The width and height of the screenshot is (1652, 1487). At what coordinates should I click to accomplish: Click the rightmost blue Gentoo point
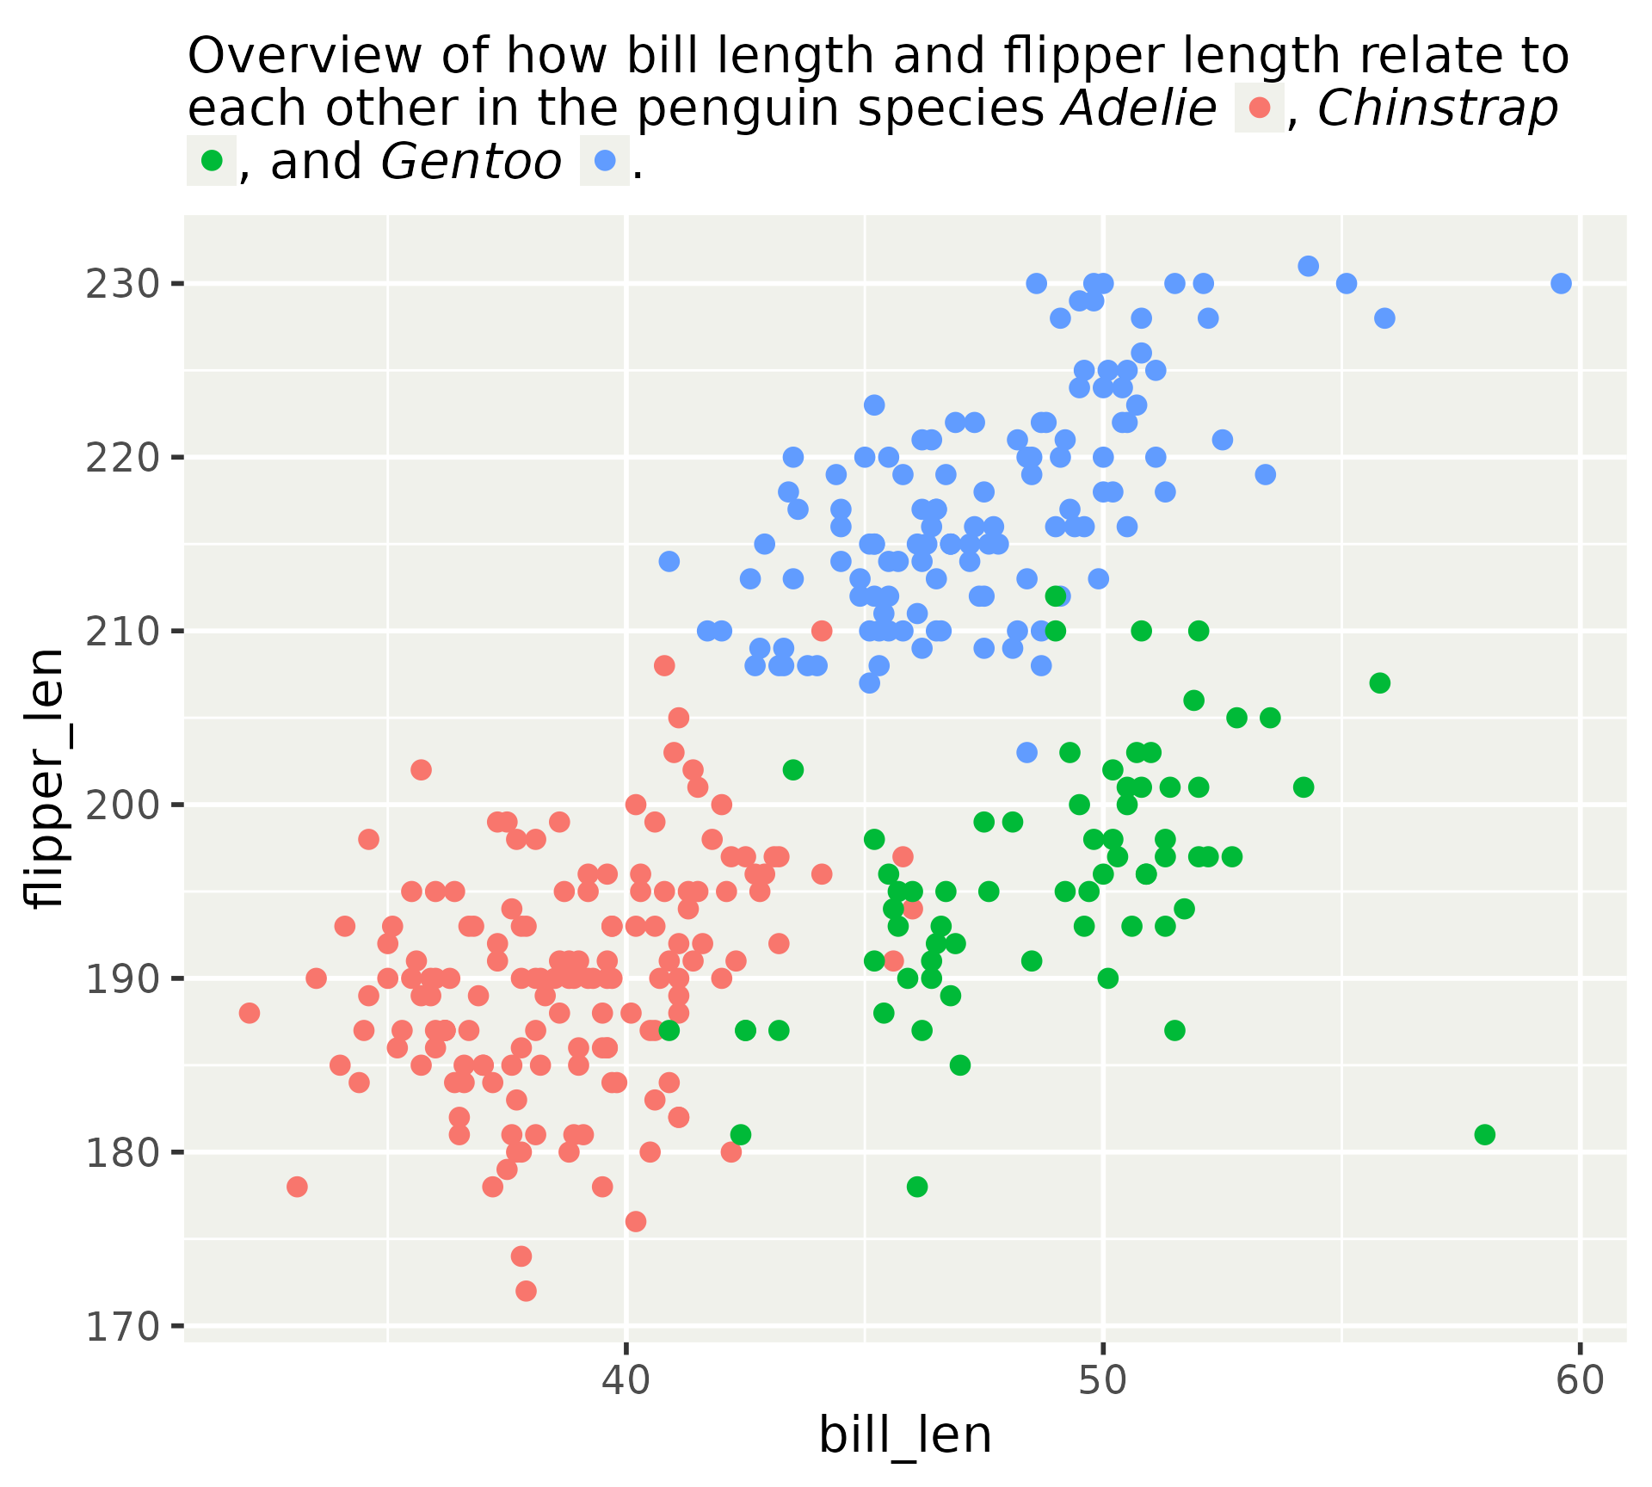pyautogui.click(x=1561, y=283)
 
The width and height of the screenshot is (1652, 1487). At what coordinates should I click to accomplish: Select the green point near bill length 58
pyautogui.click(x=1484, y=1134)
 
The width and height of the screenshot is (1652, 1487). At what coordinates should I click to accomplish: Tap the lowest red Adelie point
pyautogui.click(x=526, y=1291)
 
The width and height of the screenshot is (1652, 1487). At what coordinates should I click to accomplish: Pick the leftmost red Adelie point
pyautogui.click(x=250, y=1013)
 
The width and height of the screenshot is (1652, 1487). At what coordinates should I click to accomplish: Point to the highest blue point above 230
pyautogui.click(x=1308, y=266)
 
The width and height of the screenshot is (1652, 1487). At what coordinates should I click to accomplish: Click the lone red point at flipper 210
pyautogui.click(x=822, y=631)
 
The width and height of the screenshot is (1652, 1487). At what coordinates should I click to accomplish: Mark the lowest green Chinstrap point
pyautogui.click(x=917, y=1187)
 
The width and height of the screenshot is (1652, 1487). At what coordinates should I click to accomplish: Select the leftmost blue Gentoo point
pyautogui.click(x=669, y=561)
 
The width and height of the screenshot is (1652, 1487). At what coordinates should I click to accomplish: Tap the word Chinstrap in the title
pyautogui.click(x=1437, y=109)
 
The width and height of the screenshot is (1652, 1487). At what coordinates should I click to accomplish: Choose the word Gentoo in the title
pyautogui.click(x=472, y=161)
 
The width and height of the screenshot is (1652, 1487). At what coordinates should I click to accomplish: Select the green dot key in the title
pyautogui.click(x=212, y=160)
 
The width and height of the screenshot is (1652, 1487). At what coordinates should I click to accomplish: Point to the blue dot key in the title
pyautogui.click(x=604, y=160)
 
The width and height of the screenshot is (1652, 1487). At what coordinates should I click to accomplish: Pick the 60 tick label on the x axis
pyautogui.click(x=1581, y=1381)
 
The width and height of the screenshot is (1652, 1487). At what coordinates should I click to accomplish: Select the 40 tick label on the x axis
pyautogui.click(x=626, y=1381)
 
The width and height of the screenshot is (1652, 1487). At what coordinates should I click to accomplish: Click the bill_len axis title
pyautogui.click(x=905, y=1436)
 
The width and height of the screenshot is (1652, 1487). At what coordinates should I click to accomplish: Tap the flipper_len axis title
pyautogui.click(x=45, y=778)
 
